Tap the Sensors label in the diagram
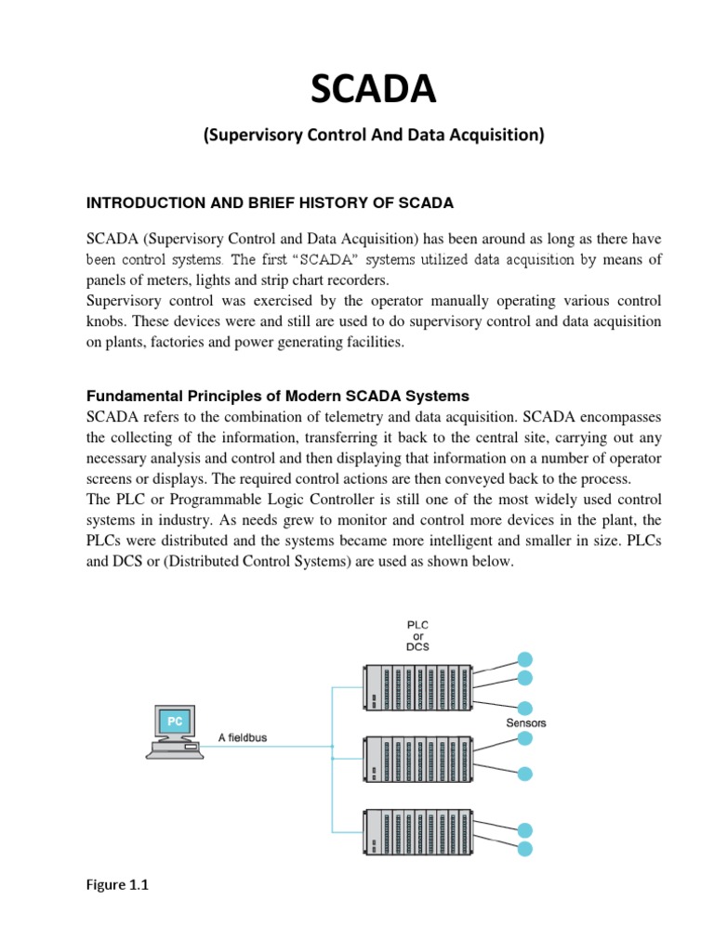click(x=526, y=723)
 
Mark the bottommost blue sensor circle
click(x=525, y=849)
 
